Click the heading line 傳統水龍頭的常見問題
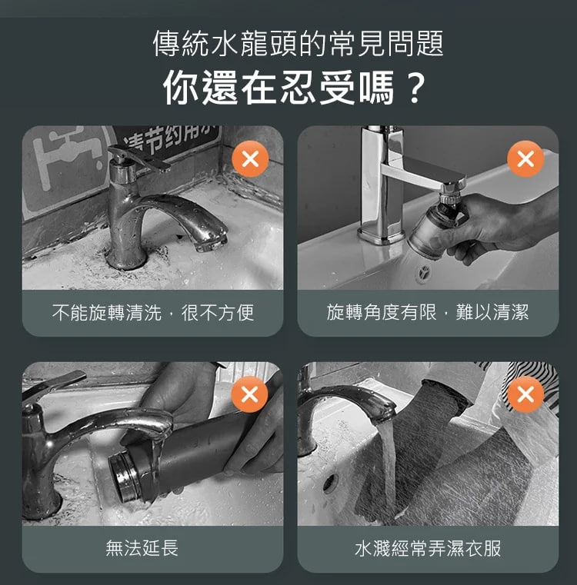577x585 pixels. click(298, 43)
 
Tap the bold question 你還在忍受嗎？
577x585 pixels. click(295, 88)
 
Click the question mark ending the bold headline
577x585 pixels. click(414, 88)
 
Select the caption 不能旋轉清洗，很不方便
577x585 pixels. click(153, 313)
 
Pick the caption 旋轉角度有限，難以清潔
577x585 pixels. click(428, 312)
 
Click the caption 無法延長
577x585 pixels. click(142, 548)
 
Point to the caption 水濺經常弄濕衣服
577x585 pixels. click(428, 548)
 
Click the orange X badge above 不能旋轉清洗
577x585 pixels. click(250, 159)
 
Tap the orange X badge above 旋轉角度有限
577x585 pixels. click(525, 158)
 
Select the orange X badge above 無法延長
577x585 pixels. click(249, 394)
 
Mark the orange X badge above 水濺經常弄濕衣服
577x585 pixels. click(525, 394)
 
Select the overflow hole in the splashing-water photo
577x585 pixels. click(330, 484)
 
